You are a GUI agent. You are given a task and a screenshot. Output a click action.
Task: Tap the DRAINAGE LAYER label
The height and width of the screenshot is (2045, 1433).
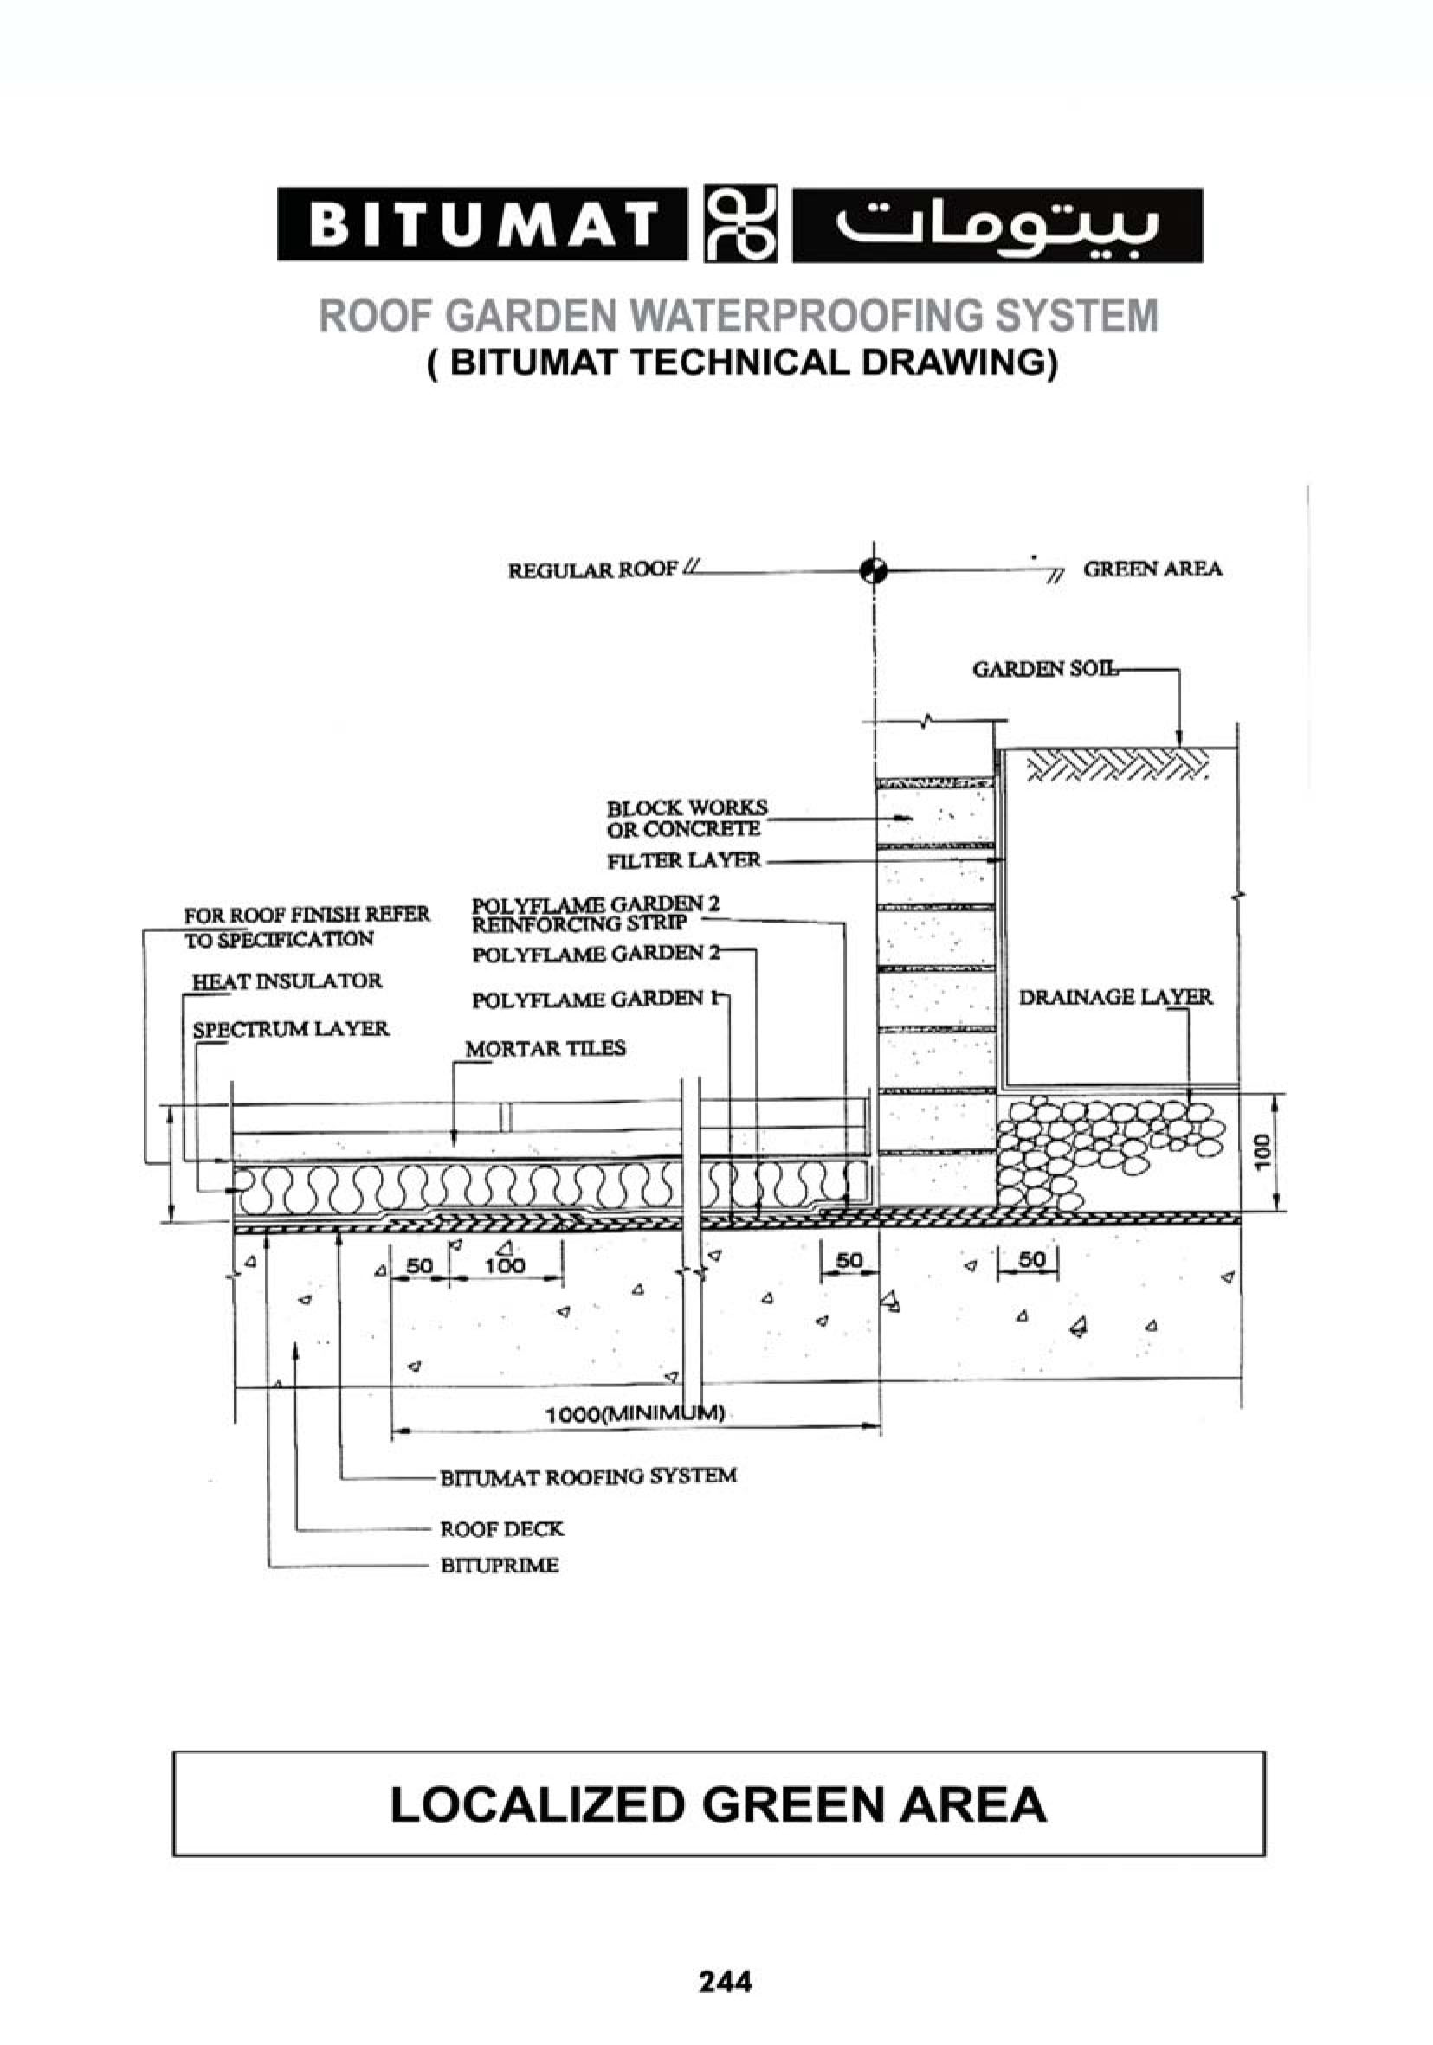[x=1115, y=997]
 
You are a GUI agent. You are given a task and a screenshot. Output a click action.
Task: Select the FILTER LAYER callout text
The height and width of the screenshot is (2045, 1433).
[x=683, y=860]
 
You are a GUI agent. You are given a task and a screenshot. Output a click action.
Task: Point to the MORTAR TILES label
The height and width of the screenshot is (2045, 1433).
[x=545, y=1048]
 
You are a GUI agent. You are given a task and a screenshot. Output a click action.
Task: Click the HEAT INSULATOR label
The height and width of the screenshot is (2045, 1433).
[x=287, y=981]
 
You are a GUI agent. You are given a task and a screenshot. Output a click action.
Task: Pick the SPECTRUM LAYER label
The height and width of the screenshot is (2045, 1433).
[x=291, y=1029]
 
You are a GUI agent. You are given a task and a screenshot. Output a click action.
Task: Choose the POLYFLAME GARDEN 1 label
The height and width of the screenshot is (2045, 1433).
[x=594, y=1000]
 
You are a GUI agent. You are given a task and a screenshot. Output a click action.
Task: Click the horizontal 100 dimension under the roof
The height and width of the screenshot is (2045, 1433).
[x=506, y=1264]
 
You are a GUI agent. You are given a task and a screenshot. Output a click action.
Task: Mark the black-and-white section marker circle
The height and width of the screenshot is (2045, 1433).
[x=875, y=570]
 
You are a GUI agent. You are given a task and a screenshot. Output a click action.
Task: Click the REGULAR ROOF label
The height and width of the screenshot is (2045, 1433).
[x=592, y=569]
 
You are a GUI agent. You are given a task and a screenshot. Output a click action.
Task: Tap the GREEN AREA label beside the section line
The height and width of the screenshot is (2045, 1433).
[x=1152, y=569]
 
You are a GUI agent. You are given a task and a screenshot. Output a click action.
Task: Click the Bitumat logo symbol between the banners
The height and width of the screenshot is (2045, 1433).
[x=739, y=223]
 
